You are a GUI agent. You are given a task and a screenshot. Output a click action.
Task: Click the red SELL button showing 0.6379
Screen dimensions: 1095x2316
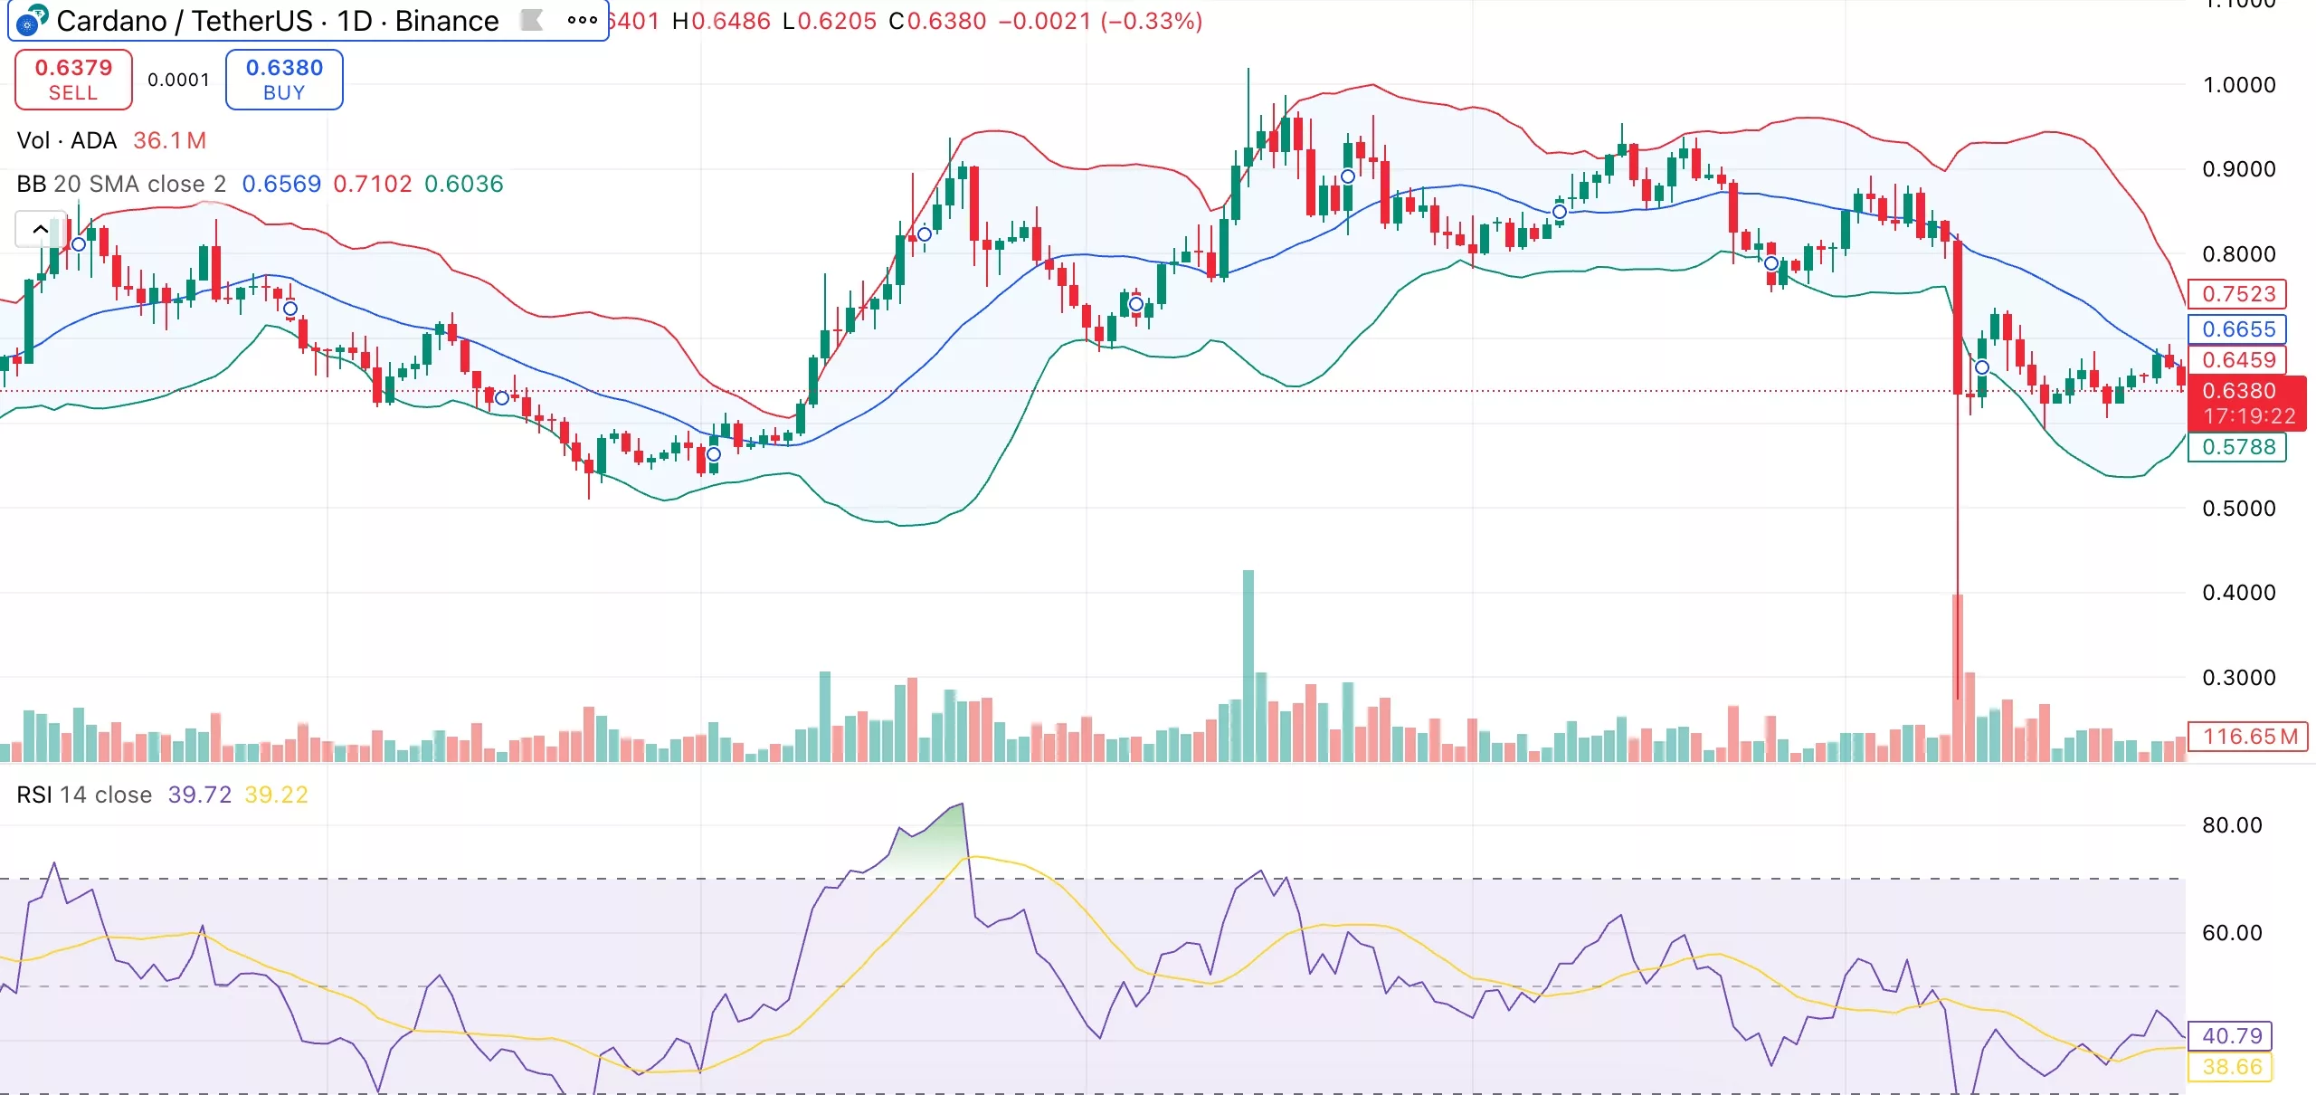click(x=73, y=80)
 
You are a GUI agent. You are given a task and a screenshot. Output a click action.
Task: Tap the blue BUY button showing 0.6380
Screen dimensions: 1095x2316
click(x=284, y=80)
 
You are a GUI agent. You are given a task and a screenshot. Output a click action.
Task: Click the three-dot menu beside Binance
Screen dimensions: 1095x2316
click(x=582, y=20)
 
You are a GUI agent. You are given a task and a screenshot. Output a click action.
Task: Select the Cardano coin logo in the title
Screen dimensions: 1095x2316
click(x=33, y=20)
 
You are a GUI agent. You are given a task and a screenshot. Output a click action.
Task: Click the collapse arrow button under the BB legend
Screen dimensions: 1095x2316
click(x=40, y=229)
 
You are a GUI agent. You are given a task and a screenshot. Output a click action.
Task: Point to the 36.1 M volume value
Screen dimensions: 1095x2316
click(x=169, y=140)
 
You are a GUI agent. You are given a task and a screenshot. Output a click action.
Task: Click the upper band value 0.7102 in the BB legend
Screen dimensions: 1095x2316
click(x=372, y=184)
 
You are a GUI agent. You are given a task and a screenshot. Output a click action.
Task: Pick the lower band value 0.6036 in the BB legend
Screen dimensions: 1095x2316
click(x=463, y=184)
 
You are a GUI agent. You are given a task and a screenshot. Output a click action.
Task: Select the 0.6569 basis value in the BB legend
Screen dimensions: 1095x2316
click(x=281, y=184)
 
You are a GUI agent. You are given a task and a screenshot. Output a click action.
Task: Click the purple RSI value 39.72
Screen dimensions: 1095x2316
click(x=199, y=795)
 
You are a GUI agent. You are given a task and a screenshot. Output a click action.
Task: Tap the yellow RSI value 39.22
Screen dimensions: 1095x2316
click(x=276, y=795)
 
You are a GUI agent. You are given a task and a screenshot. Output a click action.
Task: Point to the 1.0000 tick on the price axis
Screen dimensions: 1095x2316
click(x=2238, y=85)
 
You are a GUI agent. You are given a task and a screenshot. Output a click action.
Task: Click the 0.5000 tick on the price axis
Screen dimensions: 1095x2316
click(x=2238, y=509)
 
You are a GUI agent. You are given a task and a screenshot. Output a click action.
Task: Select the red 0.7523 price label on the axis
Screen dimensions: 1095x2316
click(x=2237, y=294)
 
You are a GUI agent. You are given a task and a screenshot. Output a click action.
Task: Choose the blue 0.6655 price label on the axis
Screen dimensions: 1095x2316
click(x=2237, y=329)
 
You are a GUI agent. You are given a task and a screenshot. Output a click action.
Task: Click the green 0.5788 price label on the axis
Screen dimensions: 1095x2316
click(x=2237, y=447)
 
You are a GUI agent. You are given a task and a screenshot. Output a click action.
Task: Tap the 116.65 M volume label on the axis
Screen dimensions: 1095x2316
click(x=2248, y=737)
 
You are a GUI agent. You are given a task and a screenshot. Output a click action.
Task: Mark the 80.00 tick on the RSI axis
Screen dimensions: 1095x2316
click(x=2232, y=825)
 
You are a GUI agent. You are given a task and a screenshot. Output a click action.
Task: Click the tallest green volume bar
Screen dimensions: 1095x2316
click(x=1248, y=665)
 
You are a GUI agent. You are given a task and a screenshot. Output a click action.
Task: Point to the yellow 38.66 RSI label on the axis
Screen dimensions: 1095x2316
click(x=2232, y=1067)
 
